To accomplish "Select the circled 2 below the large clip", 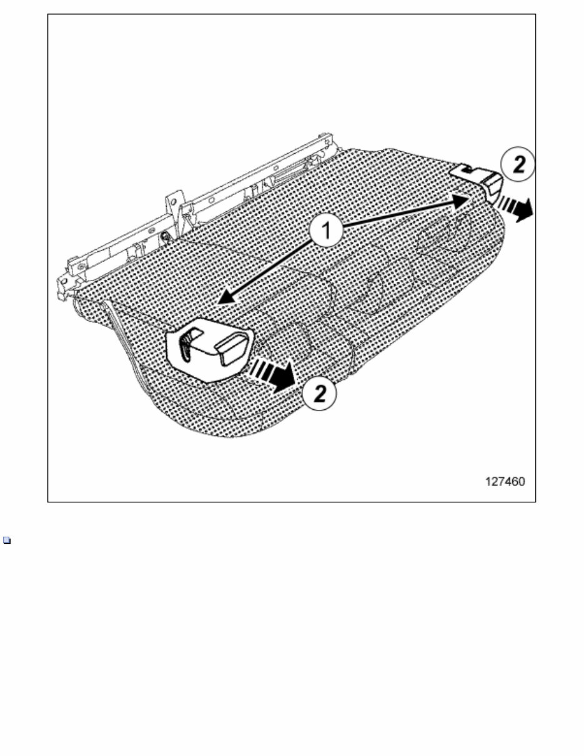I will [319, 394].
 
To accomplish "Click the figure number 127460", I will [505, 482].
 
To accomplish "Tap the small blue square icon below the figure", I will [7, 540].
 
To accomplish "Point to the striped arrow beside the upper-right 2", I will [515, 206].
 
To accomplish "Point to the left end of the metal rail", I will [65, 282].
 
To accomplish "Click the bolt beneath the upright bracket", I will [166, 236].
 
